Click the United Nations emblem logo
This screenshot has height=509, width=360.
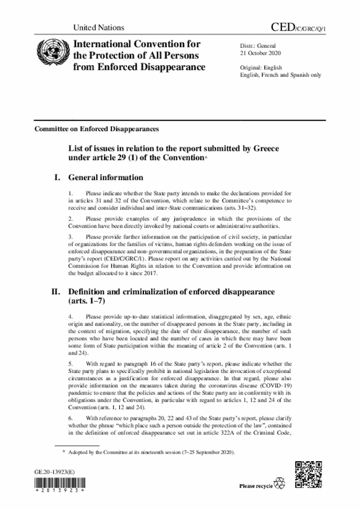(48, 55)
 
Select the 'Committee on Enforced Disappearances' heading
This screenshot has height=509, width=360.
(97, 129)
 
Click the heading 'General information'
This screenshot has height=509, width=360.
(106, 178)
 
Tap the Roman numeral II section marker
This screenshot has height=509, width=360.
(56, 292)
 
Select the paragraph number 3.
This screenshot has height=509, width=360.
(70, 236)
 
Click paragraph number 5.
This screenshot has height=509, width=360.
(70, 364)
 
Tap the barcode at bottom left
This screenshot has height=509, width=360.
(59, 487)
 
